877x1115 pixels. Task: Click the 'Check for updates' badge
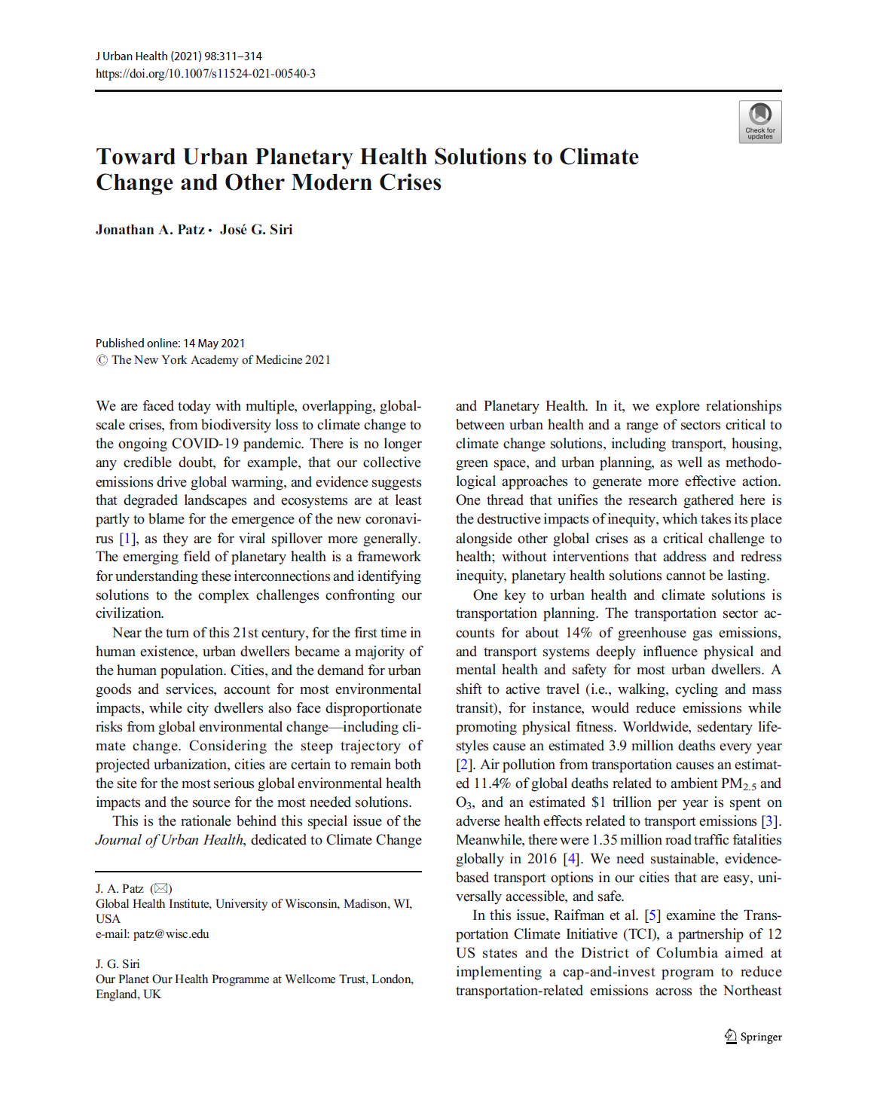coord(759,122)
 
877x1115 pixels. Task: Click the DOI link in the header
coord(205,74)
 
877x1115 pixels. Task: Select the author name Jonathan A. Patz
coord(150,230)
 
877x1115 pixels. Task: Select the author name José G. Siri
coord(256,230)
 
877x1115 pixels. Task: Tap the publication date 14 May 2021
coord(214,344)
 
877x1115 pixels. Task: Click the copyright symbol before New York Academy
coord(102,360)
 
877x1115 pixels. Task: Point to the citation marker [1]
coord(127,539)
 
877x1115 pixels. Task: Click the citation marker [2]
coord(464,765)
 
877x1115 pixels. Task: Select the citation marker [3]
coord(770,821)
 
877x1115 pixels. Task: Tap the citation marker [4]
coord(572,859)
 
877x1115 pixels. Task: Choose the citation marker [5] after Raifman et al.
coord(652,915)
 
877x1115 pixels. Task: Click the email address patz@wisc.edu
coord(171,934)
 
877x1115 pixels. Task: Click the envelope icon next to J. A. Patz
coord(161,889)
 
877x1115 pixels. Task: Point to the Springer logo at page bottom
coord(753,1037)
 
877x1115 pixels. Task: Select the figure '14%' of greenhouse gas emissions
coord(579,633)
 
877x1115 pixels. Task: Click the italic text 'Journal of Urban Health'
coord(170,840)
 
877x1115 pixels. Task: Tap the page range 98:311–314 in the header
coord(233,57)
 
